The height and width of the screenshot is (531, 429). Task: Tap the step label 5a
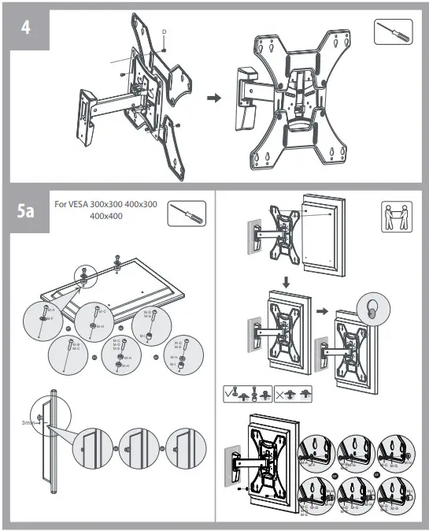pos(25,211)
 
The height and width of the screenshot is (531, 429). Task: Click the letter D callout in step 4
pos(164,32)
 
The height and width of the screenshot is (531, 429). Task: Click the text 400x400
pos(107,216)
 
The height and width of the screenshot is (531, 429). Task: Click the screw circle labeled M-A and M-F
pos(45,315)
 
